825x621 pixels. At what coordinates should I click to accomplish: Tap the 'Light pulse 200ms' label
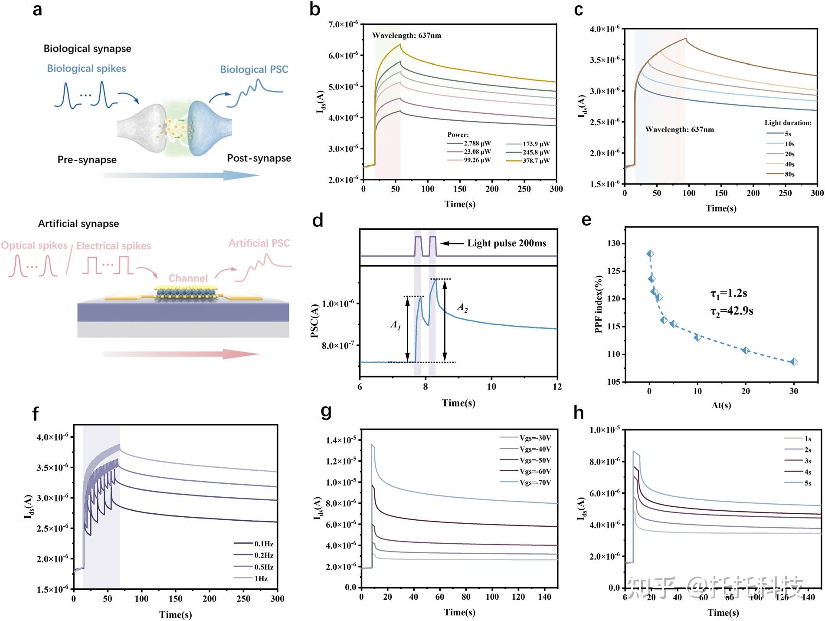(507, 243)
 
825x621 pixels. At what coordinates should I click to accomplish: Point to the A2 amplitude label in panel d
(463, 308)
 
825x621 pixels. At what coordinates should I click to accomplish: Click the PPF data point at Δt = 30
(794, 362)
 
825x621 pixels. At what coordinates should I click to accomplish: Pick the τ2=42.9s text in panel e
(731, 311)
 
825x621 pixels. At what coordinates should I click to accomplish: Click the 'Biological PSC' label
(254, 69)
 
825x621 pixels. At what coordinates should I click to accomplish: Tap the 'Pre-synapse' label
(87, 160)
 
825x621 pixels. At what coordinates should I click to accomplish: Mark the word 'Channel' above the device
(188, 278)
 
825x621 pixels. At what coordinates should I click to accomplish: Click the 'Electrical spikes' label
(114, 246)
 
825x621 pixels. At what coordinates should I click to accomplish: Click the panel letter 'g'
(326, 411)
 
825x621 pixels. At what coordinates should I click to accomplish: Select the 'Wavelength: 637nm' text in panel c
(679, 129)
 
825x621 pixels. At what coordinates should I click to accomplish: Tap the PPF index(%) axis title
(599, 304)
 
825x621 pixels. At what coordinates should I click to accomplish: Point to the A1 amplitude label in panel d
(396, 325)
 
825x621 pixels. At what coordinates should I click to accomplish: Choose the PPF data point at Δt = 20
(746, 350)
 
